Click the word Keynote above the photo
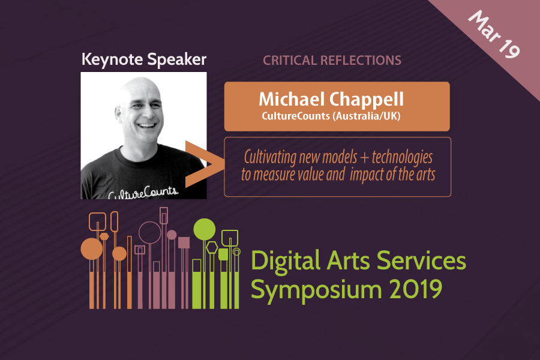(x=112, y=59)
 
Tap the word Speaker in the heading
(x=176, y=59)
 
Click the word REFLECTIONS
(x=361, y=60)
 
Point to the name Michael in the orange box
(x=292, y=99)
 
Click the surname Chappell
(x=367, y=100)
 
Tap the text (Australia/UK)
(x=367, y=116)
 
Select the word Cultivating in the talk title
(x=270, y=157)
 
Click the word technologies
(x=402, y=158)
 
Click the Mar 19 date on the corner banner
(x=494, y=34)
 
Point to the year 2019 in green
(x=416, y=289)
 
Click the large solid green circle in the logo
(x=205, y=229)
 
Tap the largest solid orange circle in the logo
(x=92, y=249)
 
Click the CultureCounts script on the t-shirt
(x=143, y=193)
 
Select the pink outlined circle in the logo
(x=150, y=233)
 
